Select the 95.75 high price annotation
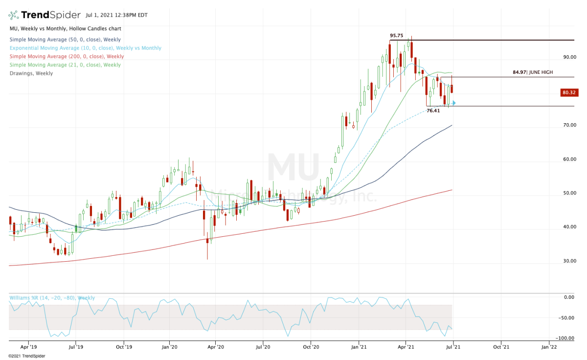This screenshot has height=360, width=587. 397,36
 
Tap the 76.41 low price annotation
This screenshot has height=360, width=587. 433,111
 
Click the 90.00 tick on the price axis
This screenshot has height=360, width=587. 569,57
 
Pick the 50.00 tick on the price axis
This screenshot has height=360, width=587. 569,193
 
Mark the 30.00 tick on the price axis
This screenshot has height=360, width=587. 569,261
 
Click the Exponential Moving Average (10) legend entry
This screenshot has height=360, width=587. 85,48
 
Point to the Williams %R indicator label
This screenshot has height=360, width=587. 52,298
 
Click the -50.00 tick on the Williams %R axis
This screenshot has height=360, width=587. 569,318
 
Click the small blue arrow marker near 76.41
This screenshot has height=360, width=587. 454,103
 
